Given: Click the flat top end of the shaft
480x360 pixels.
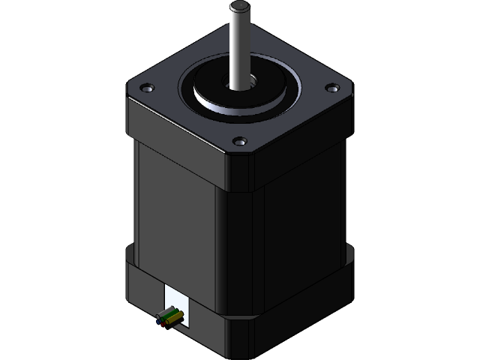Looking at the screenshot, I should click(x=240, y=8).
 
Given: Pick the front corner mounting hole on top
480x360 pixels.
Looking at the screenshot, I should click(x=239, y=140).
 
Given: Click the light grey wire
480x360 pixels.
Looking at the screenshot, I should click(x=166, y=313).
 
